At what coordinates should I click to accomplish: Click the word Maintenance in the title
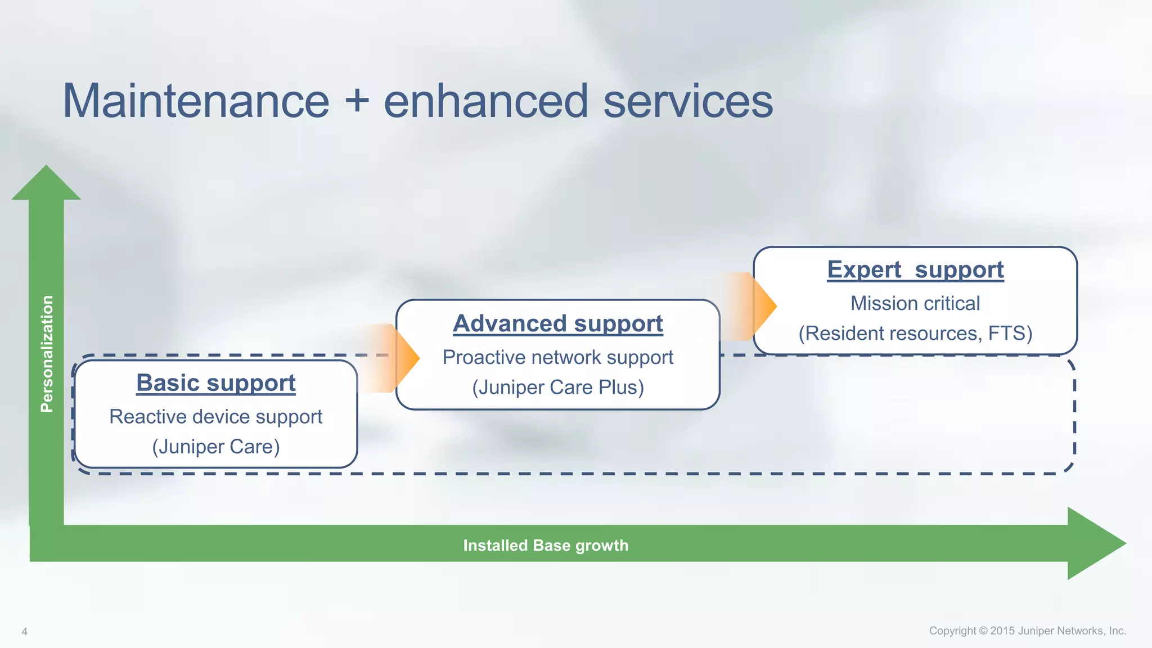[x=196, y=101]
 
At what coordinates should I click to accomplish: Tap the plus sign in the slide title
[x=357, y=101]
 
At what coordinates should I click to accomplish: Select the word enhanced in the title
[x=486, y=101]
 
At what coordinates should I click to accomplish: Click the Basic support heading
[x=216, y=383]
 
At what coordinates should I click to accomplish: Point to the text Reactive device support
[x=216, y=417]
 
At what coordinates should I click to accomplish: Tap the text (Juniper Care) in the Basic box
[x=216, y=447]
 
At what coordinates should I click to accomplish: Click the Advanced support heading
[x=558, y=324]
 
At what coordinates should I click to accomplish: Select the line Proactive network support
[x=558, y=358]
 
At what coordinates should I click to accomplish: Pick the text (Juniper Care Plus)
[x=558, y=388]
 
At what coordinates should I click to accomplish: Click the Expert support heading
[x=915, y=270]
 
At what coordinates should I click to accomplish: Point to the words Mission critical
[x=915, y=304]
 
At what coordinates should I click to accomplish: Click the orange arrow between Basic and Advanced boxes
[x=394, y=358]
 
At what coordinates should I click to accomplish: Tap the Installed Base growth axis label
[x=546, y=545]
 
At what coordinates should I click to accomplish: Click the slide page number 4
[x=24, y=632]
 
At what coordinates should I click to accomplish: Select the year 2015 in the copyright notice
[x=1002, y=631]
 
